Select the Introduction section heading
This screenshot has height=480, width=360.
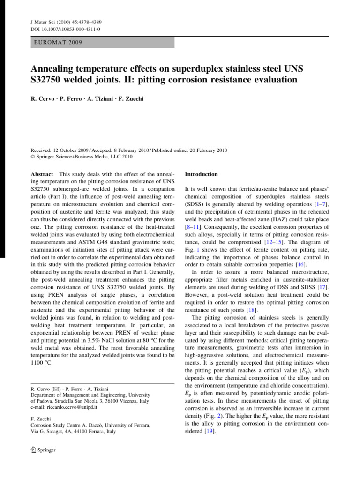(202, 174)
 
